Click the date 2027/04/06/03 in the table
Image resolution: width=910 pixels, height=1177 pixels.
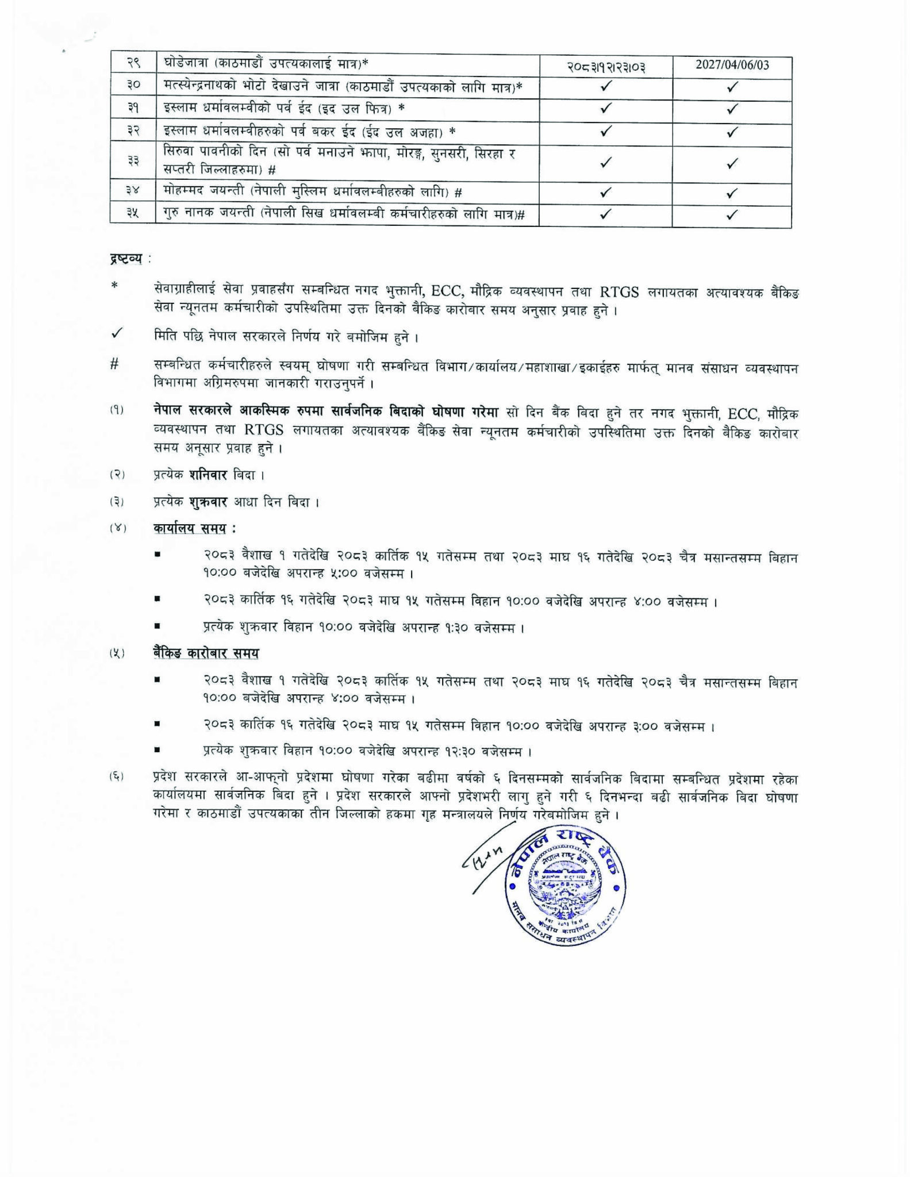tap(732, 65)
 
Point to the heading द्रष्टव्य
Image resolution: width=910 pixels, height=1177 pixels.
tap(126, 259)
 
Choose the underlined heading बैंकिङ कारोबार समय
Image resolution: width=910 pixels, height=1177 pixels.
tap(206, 653)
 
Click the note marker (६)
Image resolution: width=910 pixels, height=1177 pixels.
tap(117, 778)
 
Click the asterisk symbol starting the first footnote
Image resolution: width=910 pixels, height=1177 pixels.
tap(115, 286)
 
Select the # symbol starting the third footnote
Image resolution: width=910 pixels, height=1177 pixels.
tap(114, 364)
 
